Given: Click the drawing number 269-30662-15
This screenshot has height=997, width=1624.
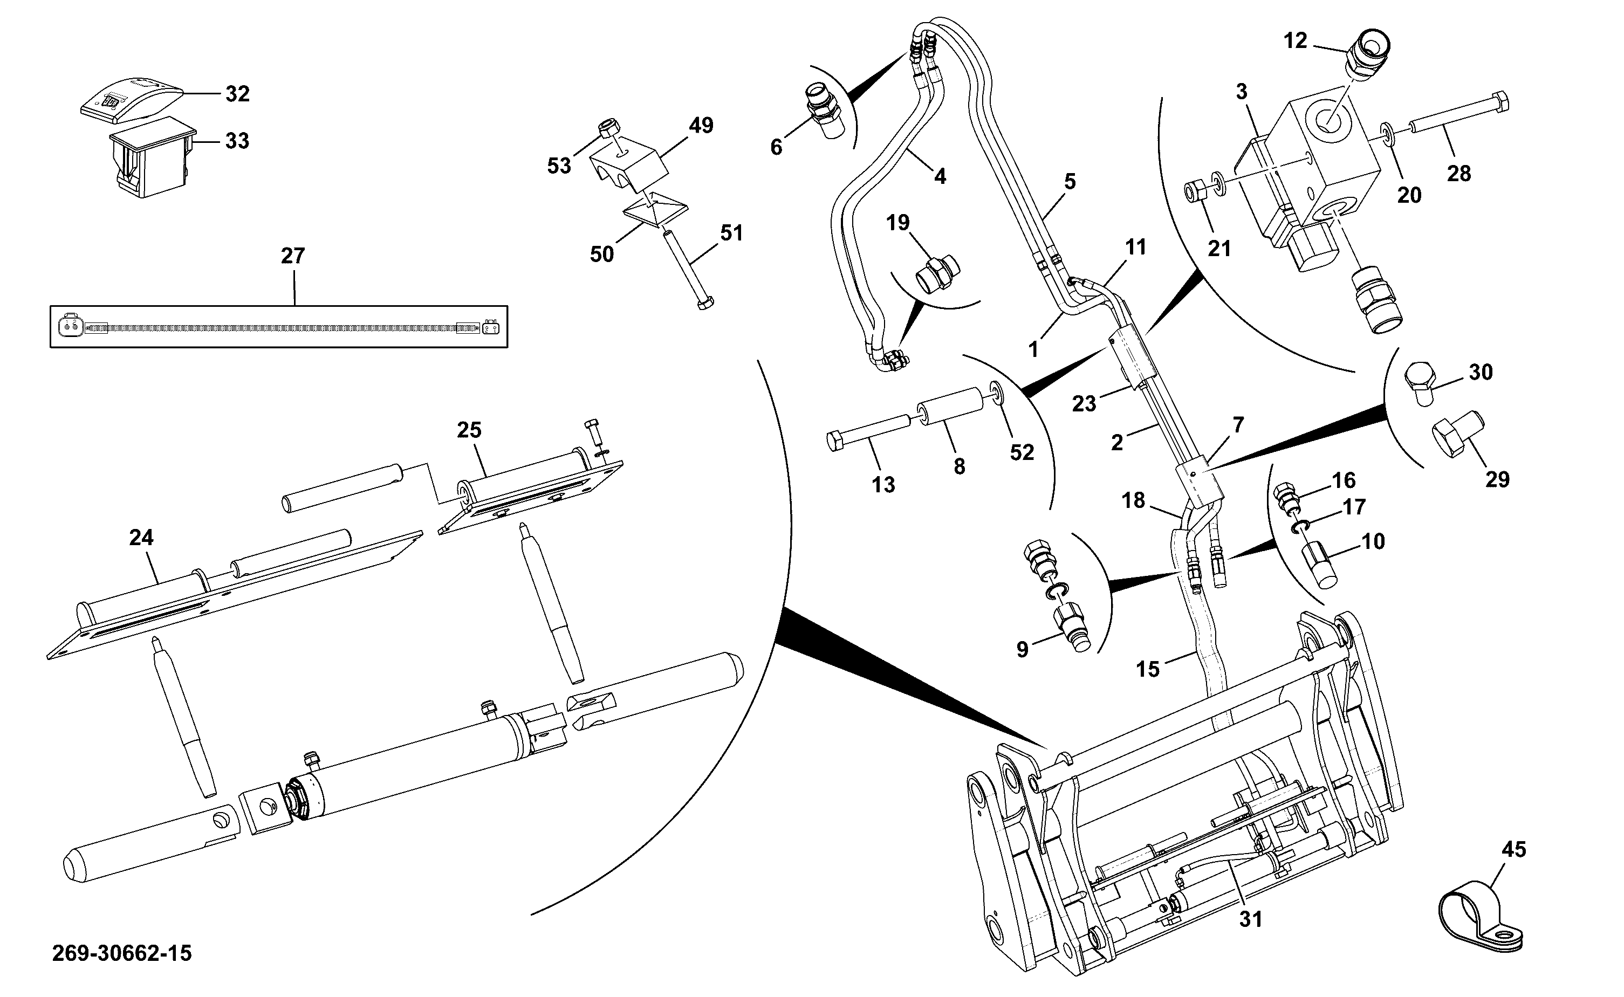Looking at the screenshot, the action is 122,953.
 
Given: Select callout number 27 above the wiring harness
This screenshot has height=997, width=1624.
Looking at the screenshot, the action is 293,256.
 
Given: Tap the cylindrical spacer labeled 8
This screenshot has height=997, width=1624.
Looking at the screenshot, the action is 948,407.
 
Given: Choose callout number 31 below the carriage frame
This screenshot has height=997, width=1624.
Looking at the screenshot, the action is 1250,918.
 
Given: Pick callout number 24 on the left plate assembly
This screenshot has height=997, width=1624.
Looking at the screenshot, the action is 141,538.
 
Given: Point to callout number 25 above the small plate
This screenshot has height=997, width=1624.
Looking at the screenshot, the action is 469,430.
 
